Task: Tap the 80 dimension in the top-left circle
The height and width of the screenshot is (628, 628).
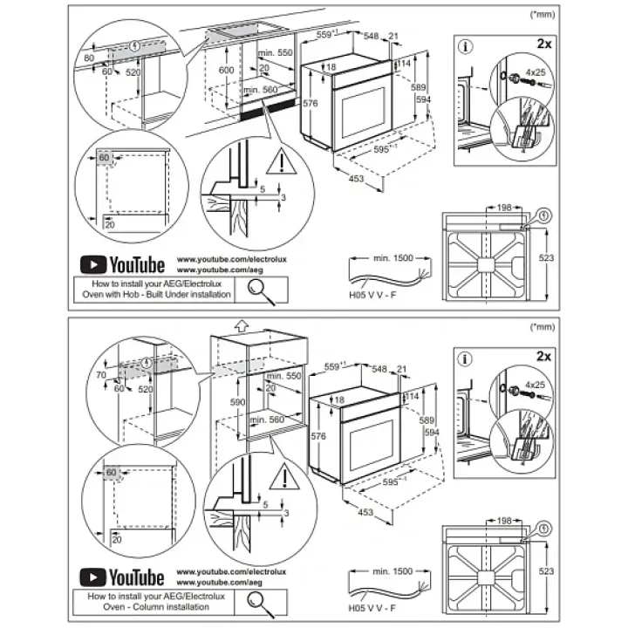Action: pos(89,59)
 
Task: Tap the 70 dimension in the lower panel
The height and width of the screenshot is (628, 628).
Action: pos(101,376)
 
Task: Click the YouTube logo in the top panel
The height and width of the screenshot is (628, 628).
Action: pos(122,264)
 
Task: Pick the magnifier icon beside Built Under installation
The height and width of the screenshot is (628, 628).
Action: pos(263,288)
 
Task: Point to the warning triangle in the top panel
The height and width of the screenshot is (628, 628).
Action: pos(282,161)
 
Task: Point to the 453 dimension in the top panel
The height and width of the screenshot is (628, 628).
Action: pos(355,180)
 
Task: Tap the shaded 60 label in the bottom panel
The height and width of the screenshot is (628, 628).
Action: pos(112,473)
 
